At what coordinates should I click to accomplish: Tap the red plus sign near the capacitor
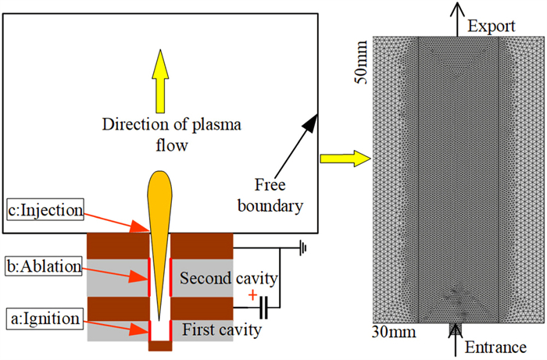click(x=252, y=297)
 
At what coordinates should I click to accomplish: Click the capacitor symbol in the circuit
click(x=266, y=308)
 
